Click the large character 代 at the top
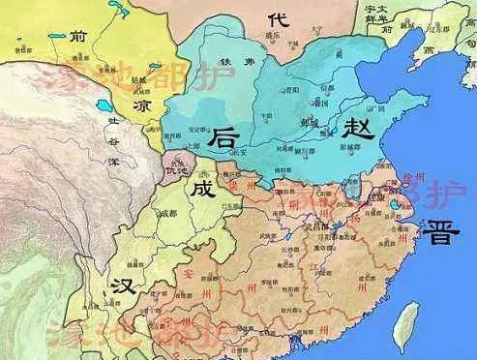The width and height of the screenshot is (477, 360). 279,19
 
